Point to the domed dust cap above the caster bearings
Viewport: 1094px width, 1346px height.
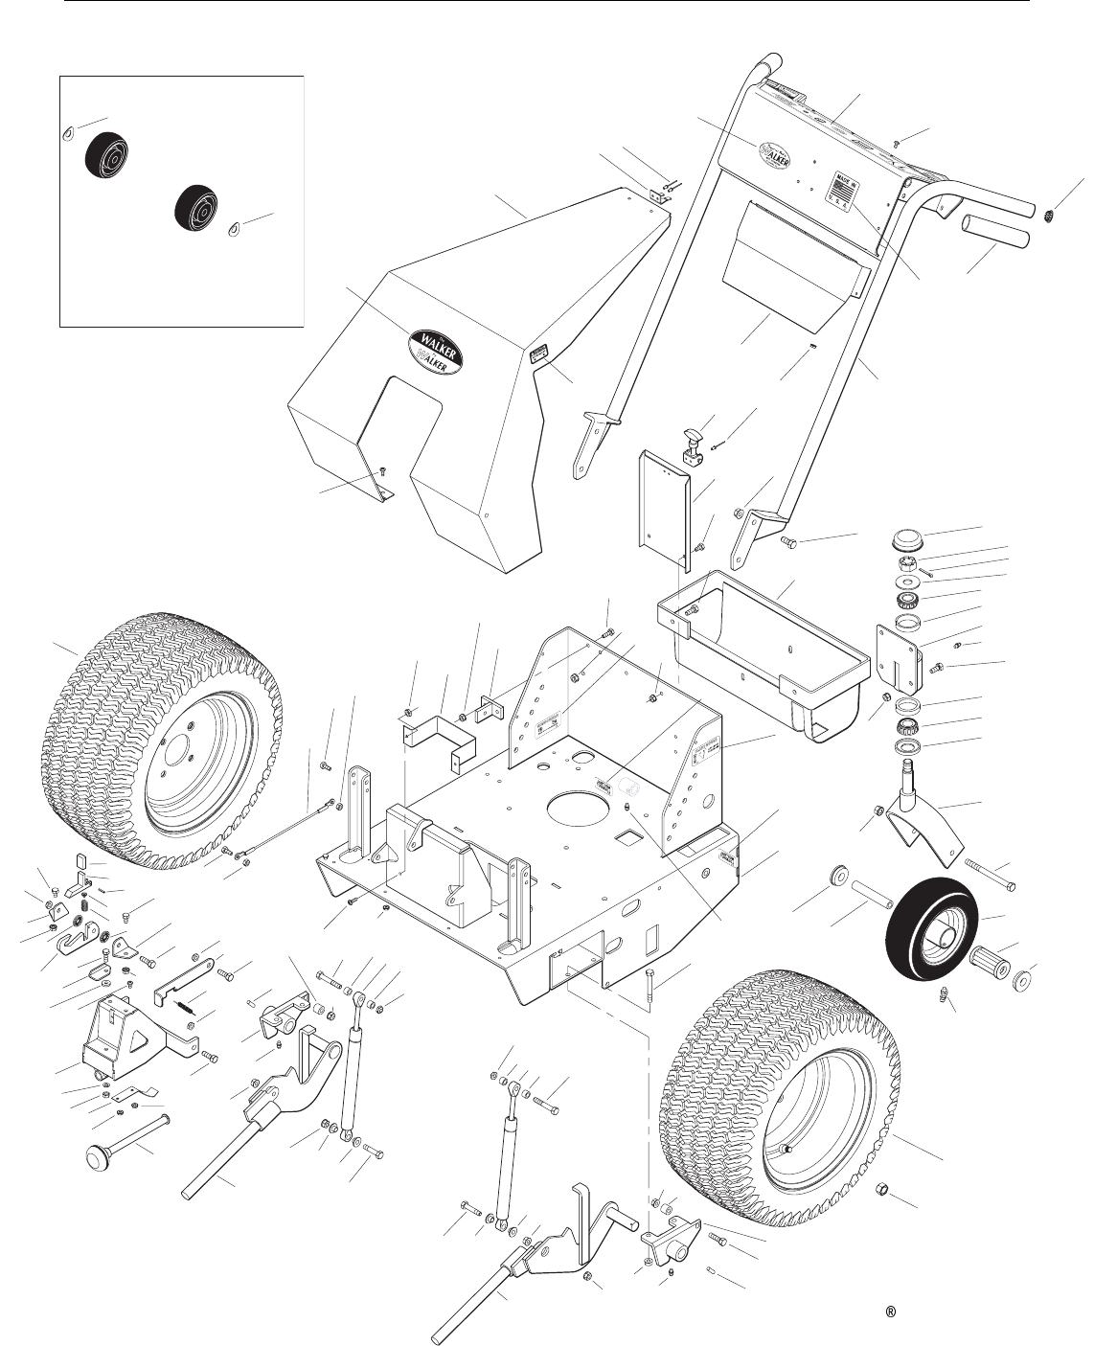(904, 537)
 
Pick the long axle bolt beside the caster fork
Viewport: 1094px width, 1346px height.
(986, 873)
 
